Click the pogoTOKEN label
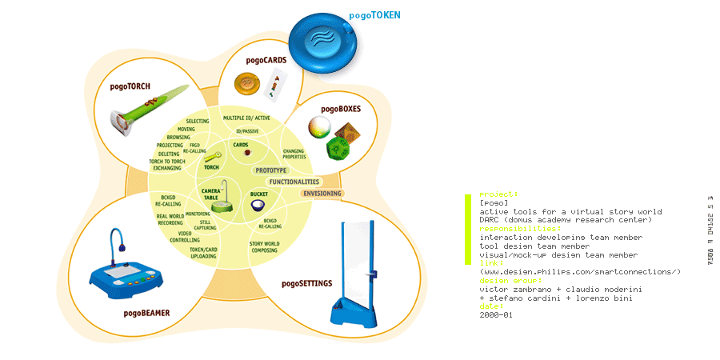[374, 14]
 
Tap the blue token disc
[325, 41]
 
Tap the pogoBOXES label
[341, 109]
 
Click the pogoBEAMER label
[146, 313]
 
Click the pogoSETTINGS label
[307, 283]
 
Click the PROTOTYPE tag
[270, 170]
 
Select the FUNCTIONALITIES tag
[294, 182]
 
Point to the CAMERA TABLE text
[210, 194]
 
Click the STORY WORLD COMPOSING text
[264, 246]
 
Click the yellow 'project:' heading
[498, 194]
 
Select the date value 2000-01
[496, 315]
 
